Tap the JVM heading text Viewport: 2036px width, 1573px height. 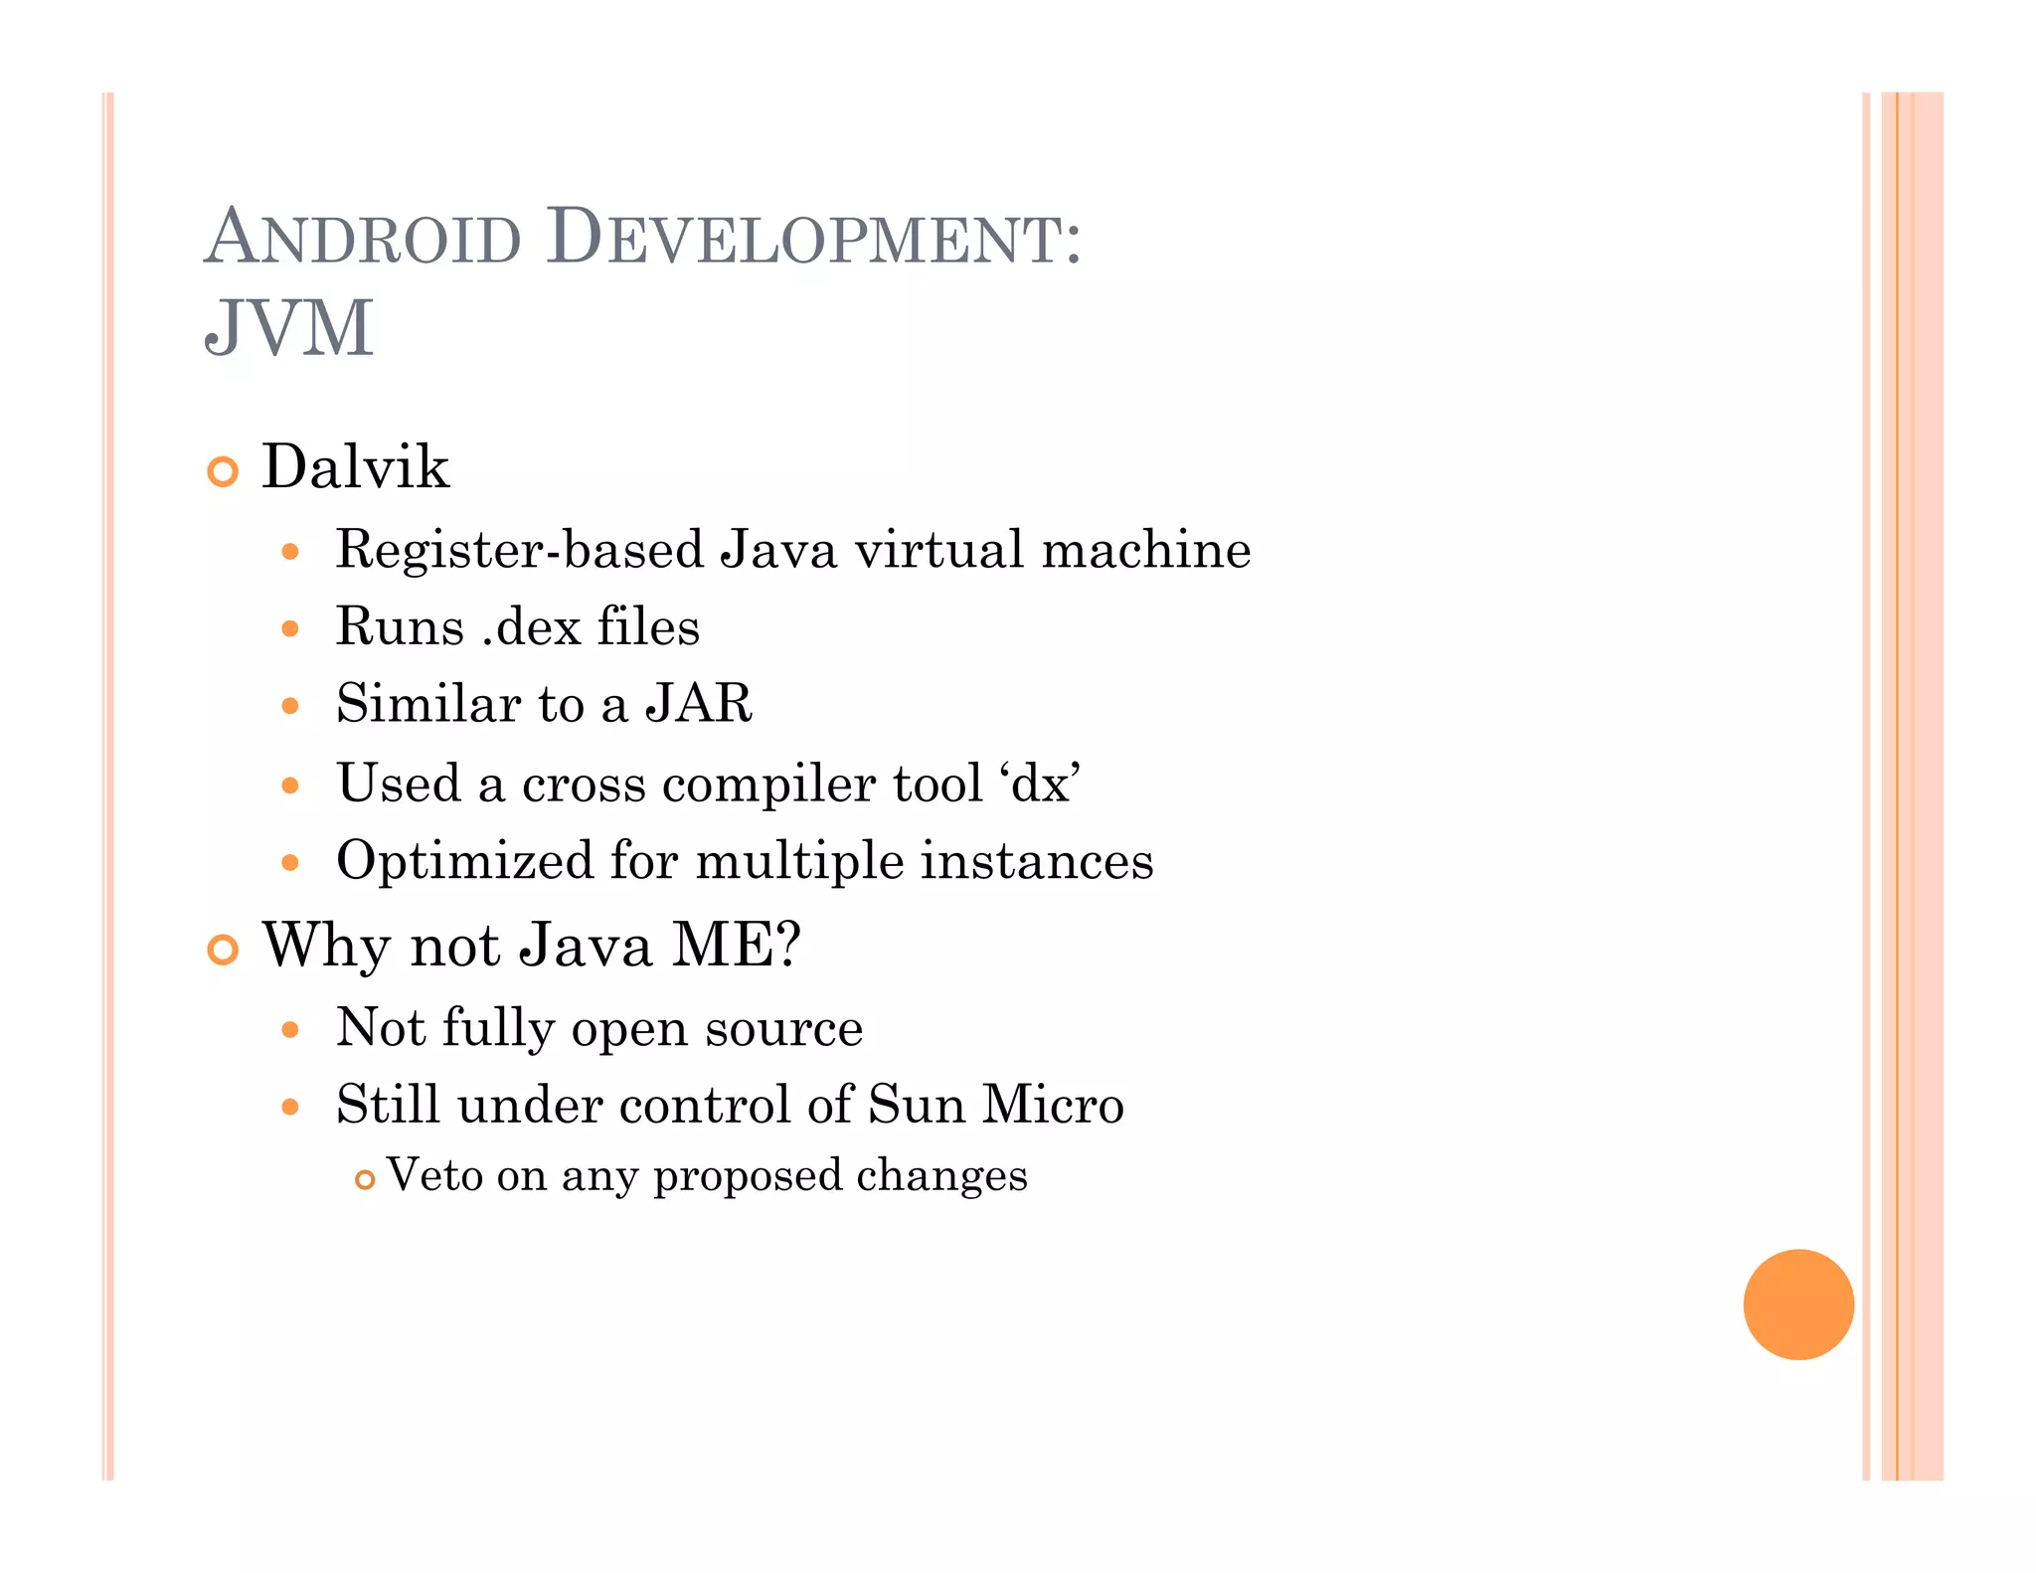[x=288, y=328]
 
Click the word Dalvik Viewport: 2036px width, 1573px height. [x=355, y=466]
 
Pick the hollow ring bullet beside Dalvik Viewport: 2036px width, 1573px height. [x=223, y=471]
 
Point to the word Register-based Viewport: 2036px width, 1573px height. [x=519, y=550]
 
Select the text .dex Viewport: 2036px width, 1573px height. [x=531, y=627]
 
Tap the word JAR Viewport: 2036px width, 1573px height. [x=699, y=704]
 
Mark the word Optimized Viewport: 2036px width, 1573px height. [x=464, y=861]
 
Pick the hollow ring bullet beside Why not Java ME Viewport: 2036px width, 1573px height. [x=223, y=950]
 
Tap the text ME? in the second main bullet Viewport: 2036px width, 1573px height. [x=737, y=945]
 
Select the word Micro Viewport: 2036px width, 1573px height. [x=1053, y=1105]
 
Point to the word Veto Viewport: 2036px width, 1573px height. [x=433, y=1175]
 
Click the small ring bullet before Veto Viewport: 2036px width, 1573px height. [x=365, y=1180]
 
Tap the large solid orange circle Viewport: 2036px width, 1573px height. [x=1797, y=1304]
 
